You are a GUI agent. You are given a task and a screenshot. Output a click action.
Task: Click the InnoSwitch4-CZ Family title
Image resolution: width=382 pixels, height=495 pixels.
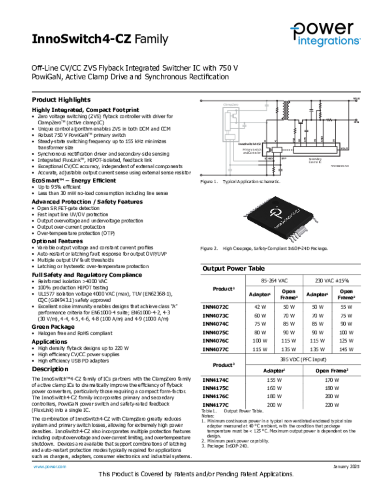coord(100,39)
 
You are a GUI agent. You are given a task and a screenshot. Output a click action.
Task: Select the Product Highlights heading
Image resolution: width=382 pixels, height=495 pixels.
coord(61,100)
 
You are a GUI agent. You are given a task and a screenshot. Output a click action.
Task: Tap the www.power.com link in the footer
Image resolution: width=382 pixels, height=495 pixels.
coord(49,466)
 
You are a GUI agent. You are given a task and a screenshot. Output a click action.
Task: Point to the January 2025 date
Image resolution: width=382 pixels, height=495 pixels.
coord(347,466)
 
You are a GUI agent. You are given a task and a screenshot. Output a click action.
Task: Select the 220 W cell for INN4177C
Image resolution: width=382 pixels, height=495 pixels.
coord(332,405)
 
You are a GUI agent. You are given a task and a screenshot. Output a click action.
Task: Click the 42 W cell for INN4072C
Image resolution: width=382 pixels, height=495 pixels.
coord(261,306)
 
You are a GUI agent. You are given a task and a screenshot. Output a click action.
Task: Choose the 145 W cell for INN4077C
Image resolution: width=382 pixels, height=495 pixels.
coord(346,349)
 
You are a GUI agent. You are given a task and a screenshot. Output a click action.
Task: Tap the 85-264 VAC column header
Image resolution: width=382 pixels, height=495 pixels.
coord(274,280)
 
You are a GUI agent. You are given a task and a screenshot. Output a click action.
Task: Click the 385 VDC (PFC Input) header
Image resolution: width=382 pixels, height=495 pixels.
coord(303,359)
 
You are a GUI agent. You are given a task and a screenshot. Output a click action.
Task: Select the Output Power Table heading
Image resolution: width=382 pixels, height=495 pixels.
coord(233,269)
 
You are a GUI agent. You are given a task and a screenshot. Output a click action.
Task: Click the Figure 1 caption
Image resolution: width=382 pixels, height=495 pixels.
coord(240,181)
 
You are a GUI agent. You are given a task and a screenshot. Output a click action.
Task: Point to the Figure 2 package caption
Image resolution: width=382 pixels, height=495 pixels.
coord(264,248)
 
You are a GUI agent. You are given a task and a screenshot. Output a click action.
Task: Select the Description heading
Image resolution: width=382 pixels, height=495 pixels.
coord(50,369)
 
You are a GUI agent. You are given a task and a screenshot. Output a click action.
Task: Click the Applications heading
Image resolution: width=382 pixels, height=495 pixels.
coord(50,341)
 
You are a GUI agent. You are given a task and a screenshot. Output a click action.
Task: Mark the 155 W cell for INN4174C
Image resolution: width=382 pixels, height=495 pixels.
coord(274,380)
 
